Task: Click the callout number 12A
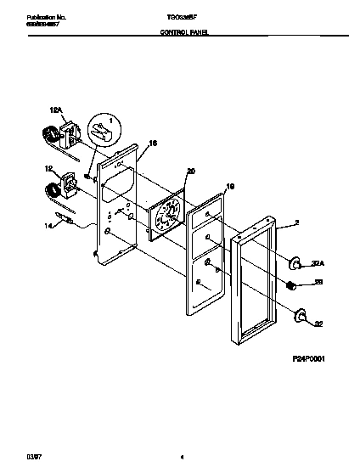point(57,110)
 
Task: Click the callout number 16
point(154,145)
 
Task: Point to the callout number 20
point(191,171)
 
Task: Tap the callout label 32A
point(318,262)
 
